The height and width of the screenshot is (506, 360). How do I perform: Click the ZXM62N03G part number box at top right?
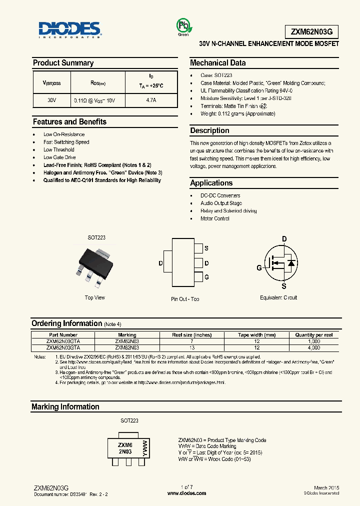tap(307, 31)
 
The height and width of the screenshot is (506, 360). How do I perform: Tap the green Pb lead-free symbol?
tap(182, 26)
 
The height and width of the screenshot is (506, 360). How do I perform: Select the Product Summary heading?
tap(63, 63)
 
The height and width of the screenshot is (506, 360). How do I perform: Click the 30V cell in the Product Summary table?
tap(52, 100)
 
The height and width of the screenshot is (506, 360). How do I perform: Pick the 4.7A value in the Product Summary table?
tap(150, 100)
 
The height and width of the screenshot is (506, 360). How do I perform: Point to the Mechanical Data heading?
tap(217, 63)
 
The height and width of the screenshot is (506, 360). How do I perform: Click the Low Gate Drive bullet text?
tap(59, 157)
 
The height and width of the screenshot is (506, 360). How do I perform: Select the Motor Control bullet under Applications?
tap(215, 218)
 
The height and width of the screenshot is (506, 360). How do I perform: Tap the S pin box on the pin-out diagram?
tap(198, 248)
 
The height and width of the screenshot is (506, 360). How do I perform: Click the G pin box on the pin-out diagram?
tap(198, 276)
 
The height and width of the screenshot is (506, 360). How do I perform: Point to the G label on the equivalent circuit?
tap(259, 268)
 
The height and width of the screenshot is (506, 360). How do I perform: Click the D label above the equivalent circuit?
tap(284, 239)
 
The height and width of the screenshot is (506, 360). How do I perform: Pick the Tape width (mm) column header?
tap(256, 335)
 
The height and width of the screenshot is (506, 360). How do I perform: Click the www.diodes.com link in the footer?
tap(186, 493)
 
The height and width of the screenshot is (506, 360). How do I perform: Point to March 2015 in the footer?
tap(327, 487)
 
